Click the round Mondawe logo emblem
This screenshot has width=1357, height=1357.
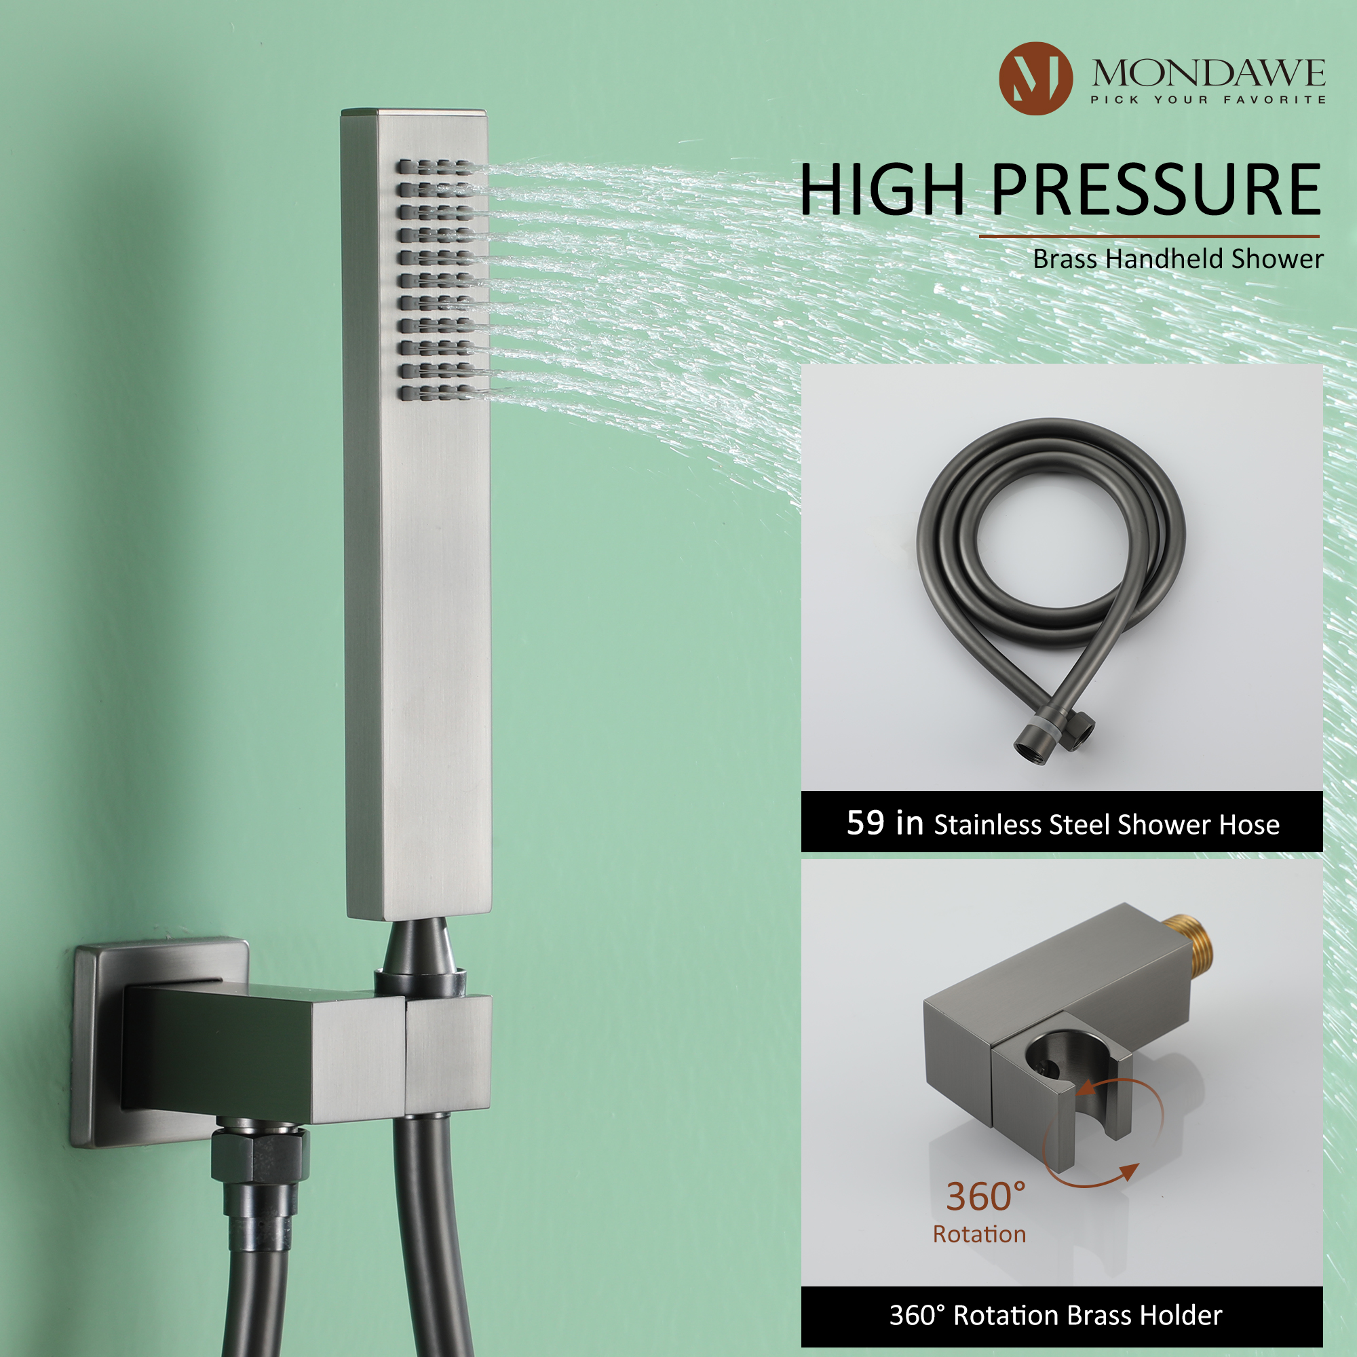click(1035, 78)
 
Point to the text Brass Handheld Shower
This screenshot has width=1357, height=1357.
click(1177, 259)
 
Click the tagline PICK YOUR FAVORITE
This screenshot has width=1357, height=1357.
click(1208, 100)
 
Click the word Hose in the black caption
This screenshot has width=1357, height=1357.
click(1249, 824)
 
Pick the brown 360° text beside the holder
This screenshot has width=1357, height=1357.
click(985, 1197)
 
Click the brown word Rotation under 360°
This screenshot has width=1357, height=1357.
click(979, 1234)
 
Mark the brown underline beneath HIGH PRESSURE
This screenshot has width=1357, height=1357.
click(1149, 237)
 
